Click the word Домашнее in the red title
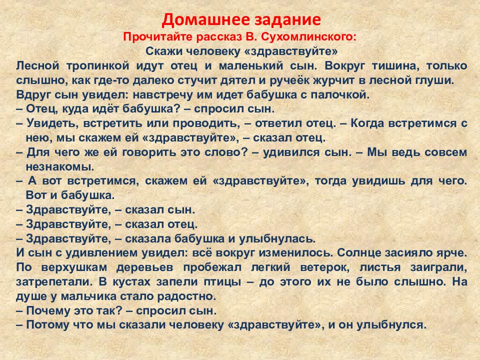click(x=201, y=19)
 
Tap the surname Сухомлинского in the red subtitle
click(x=309, y=37)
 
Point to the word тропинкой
click(x=97, y=66)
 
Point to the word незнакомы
click(x=59, y=167)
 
